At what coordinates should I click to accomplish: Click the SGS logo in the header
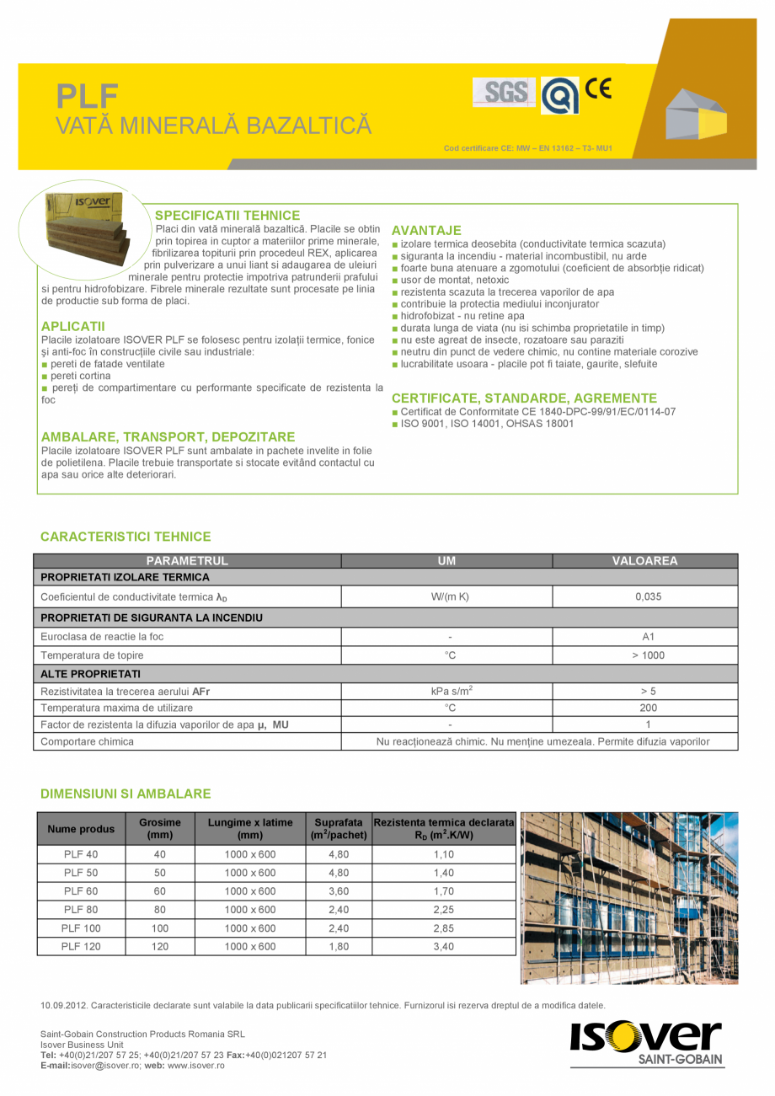[505, 92]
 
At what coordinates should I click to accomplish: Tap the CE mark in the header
[598, 88]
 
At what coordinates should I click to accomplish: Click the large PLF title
[87, 96]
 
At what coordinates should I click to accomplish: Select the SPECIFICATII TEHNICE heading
[227, 216]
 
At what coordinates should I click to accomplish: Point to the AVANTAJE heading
[426, 230]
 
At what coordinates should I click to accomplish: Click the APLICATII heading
[73, 326]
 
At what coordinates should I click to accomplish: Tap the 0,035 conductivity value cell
[648, 597]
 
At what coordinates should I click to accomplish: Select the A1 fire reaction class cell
[648, 637]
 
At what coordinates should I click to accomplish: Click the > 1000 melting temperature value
[648, 655]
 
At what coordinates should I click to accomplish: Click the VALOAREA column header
[644, 561]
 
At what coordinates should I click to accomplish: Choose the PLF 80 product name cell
[81, 910]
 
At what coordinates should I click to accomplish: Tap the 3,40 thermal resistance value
[443, 946]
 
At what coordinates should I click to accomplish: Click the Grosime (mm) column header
[160, 828]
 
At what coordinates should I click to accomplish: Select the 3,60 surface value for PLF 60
[338, 891]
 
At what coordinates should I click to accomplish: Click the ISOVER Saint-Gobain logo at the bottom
[645, 1043]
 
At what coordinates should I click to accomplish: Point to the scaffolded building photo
[629, 898]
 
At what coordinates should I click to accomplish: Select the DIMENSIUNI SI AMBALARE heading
[126, 794]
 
